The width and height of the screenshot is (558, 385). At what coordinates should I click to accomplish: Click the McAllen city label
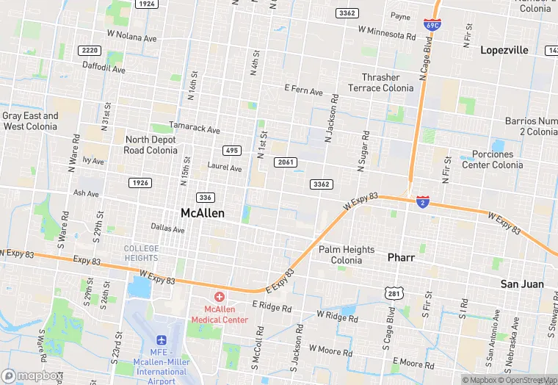point(202,213)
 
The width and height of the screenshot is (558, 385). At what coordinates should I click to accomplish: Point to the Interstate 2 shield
point(423,201)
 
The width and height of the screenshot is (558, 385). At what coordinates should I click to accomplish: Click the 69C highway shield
point(432,25)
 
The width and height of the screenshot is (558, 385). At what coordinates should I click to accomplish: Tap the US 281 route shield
point(394,294)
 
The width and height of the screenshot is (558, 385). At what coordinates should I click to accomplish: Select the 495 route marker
point(232,150)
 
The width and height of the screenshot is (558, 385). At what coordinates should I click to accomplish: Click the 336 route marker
point(206,197)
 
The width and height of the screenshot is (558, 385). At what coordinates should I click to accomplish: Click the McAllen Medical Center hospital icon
point(220,298)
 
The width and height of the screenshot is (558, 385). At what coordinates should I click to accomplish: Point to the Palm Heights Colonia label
point(347,255)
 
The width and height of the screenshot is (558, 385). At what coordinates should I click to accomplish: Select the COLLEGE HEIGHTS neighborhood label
point(141,253)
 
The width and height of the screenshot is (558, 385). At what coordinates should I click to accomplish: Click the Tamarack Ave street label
point(195,129)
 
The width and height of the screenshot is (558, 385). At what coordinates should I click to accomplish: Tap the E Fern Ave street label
point(304,90)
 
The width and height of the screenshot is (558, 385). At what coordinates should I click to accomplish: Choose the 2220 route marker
point(90,50)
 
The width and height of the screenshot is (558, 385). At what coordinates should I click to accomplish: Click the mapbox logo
point(32,375)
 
